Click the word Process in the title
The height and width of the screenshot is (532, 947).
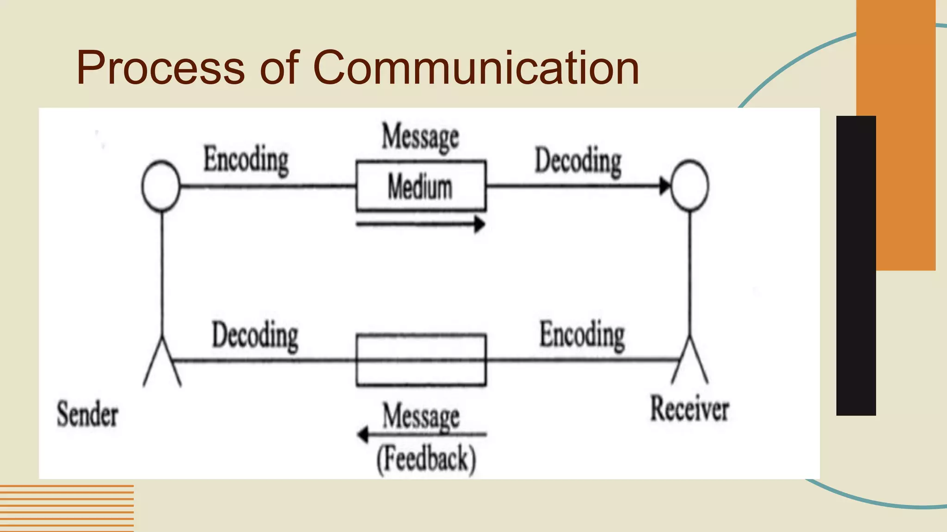tap(160, 68)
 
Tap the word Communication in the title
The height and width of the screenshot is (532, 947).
tap(476, 68)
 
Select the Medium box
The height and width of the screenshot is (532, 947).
tap(421, 186)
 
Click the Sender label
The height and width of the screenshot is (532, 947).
tap(87, 414)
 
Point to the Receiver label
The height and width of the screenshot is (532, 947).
tap(689, 409)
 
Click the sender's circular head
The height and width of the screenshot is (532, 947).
tap(161, 186)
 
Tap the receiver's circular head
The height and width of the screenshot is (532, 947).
tap(689, 186)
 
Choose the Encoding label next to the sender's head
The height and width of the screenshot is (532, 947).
tap(246, 159)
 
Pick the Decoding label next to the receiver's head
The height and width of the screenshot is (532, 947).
tap(578, 161)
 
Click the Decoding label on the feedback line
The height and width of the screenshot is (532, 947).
tap(255, 335)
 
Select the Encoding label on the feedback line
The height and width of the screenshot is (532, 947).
tap(582, 335)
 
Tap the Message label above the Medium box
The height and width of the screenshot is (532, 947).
tap(420, 137)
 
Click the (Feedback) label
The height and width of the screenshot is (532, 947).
tap(426, 459)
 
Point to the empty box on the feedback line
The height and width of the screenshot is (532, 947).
tap(421, 360)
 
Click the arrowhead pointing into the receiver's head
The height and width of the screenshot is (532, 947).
tap(664, 186)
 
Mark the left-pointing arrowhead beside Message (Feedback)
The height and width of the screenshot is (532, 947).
tap(363, 434)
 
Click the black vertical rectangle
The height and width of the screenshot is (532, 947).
tap(856, 266)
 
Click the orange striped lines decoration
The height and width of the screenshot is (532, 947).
tap(67, 508)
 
